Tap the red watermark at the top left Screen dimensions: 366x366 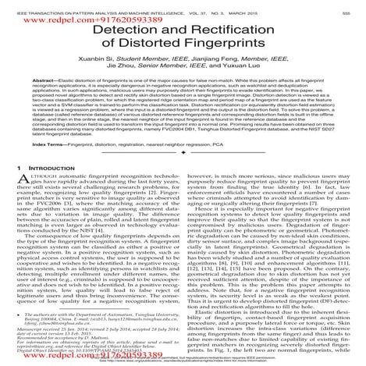pyautogui.click(x=47, y=14)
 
